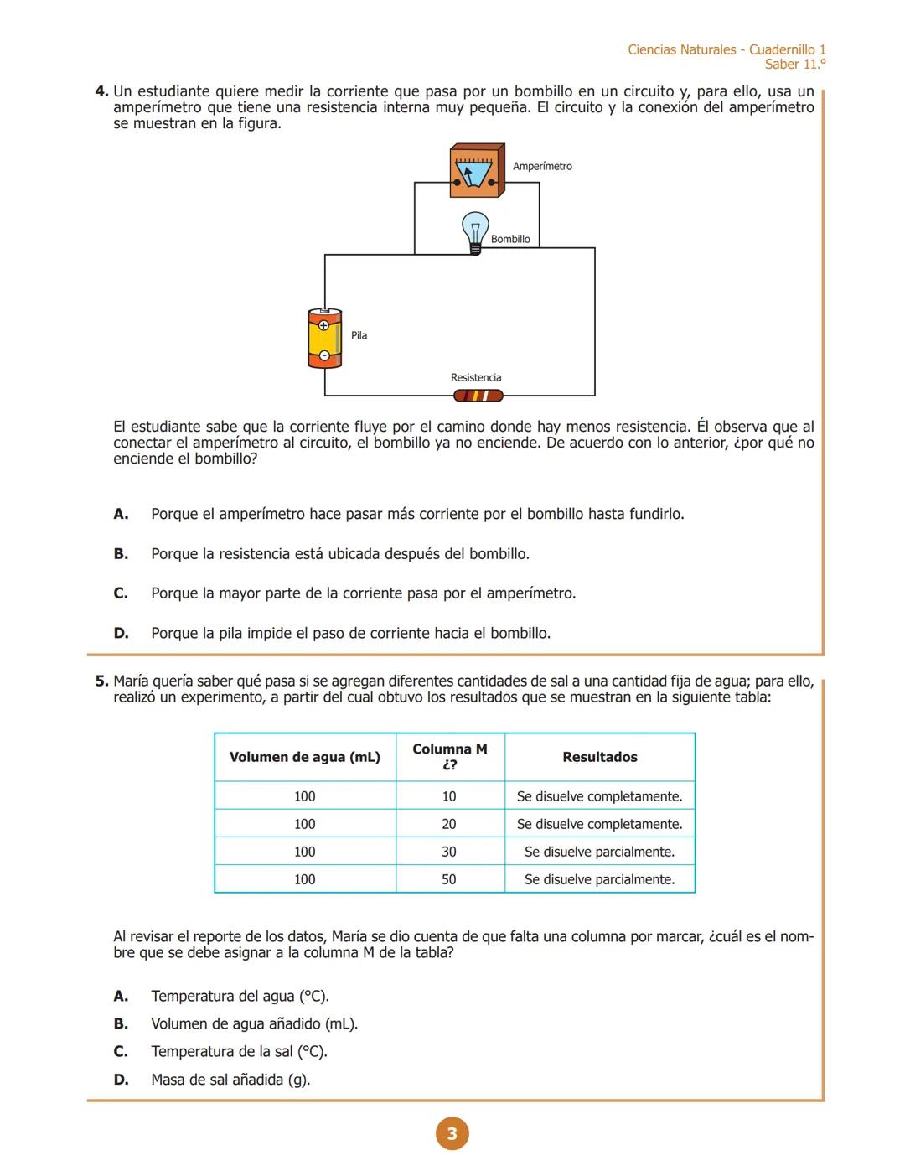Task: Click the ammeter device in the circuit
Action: coord(476,171)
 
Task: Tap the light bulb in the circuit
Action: coord(475,231)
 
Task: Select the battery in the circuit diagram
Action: coord(324,339)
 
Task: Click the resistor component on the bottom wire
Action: coord(478,396)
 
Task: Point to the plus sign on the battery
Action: coord(323,325)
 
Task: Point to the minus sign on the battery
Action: coord(323,355)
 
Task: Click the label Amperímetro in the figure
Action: coord(542,167)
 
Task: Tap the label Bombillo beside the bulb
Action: coord(510,240)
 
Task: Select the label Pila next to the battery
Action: coord(359,336)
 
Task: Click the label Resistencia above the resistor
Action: coord(476,378)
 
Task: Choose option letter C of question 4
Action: coord(121,593)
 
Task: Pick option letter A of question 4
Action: coord(121,514)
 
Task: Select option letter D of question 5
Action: coord(121,1080)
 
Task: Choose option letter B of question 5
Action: coord(121,1024)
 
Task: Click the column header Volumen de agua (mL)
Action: coord(305,758)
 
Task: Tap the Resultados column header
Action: coord(600,758)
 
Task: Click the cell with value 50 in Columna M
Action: coord(449,880)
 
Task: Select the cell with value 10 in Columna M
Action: coord(449,797)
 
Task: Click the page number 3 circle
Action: coord(452,1134)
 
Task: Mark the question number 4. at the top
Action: coord(101,91)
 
